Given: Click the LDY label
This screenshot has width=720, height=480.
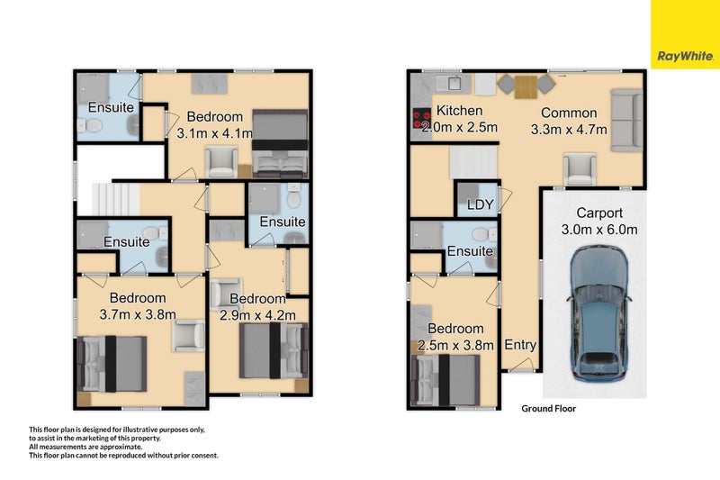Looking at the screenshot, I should coord(481,204).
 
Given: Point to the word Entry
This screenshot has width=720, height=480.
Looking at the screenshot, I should coord(520,345).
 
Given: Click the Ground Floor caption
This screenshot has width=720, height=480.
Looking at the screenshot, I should coord(548,408).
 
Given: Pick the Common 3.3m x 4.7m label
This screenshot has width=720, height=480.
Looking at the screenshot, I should coord(569,121).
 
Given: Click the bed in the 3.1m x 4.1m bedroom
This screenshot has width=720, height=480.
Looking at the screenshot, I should coord(280,142).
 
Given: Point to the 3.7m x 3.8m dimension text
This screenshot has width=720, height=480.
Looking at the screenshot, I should coord(138,314).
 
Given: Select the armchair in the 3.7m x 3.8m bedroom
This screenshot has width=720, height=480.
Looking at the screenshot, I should coord(188,336).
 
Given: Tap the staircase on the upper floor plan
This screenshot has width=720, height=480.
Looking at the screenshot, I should coord(114,195).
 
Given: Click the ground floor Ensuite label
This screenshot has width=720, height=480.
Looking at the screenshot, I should coord(470,251).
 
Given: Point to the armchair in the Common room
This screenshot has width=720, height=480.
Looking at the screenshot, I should coord(580,168).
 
